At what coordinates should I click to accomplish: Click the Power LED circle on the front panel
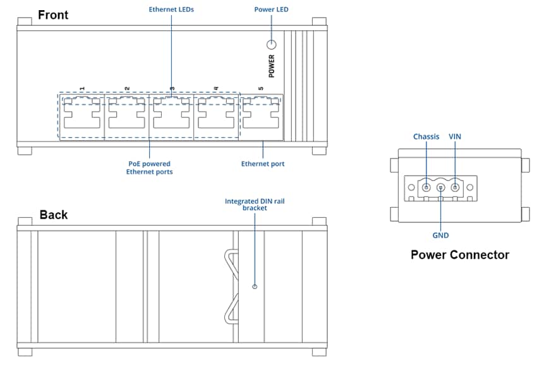click(272, 45)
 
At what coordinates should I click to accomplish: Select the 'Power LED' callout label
click(271, 9)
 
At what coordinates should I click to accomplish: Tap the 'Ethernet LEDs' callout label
click(171, 9)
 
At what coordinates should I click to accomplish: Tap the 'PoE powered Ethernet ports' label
click(149, 167)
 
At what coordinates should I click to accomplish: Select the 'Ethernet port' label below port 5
click(263, 164)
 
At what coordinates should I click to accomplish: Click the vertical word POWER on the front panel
click(272, 66)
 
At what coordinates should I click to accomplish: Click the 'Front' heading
click(53, 15)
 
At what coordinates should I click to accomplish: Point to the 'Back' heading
click(53, 215)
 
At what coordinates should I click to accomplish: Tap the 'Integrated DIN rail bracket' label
click(255, 204)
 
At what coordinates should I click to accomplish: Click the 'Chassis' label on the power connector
click(426, 136)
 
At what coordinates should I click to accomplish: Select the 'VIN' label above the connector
click(455, 136)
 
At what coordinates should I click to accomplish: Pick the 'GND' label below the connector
click(440, 235)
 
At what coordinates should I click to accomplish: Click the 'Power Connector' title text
click(459, 255)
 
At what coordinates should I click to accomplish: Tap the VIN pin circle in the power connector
click(455, 187)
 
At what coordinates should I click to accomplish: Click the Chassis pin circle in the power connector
click(426, 187)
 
